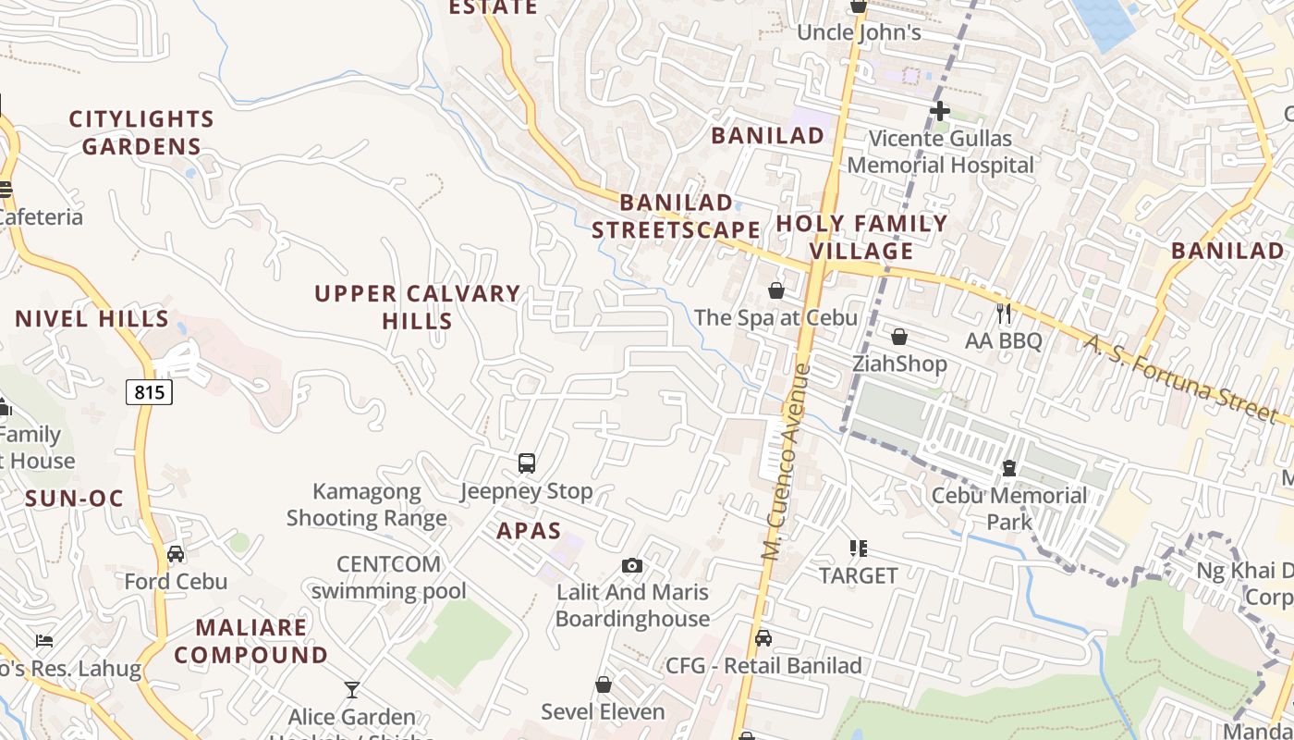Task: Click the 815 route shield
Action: (x=149, y=392)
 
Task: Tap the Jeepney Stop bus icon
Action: (x=526, y=463)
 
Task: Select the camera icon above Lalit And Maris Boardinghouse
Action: (x=632, y=565)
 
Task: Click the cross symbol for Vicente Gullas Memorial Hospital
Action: (x=940, y=112)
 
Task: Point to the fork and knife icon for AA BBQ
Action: (x=1004, y=314)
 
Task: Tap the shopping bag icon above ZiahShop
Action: (x=898, y=337)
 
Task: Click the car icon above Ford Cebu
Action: (x=176, y=554)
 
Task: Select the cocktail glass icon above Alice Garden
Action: (x=351, y=689)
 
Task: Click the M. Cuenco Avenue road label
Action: (x=786, y=462)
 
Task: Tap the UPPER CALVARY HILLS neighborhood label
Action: (x=418, y=307)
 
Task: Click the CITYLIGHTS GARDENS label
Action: (x=141, y=132)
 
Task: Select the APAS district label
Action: (x=529, y=531)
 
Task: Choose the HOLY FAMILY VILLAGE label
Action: (x=861, y=237)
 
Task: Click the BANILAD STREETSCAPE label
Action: (x=676, y=216)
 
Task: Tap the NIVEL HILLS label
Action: (x=92, y=319)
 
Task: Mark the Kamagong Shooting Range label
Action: (x=367, y=504)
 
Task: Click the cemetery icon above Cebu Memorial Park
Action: (x=1009, y=469)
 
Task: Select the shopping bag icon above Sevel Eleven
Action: (x=603, y=684)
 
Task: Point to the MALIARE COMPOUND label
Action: (x=251, y=641)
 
